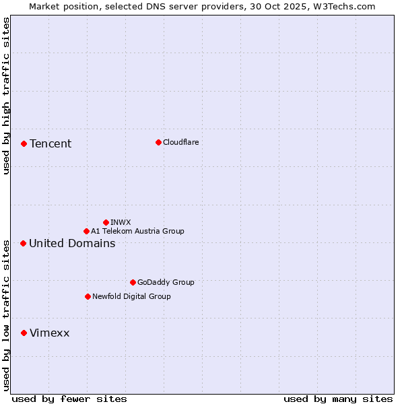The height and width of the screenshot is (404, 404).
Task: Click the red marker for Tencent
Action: [x=24, y=143]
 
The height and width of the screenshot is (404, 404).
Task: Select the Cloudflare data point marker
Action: [x=158, y=142]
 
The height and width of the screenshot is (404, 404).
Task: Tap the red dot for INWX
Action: [x=106, y=222]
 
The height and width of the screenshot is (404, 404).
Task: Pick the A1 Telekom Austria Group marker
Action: [x=86, y=231]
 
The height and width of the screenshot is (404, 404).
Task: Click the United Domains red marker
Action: [x=23, y=243]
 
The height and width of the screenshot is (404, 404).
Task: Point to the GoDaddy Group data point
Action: [x=133, y=282]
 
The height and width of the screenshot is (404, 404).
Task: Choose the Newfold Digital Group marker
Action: [x=88, y=296]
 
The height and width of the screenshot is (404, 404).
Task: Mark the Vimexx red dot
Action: [x=24, y=333]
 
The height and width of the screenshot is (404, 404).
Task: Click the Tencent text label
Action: [x=50, y=143]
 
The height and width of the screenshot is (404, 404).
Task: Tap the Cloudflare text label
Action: [x=181, y=142]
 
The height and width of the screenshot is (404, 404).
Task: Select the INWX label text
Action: [x=121, y=222]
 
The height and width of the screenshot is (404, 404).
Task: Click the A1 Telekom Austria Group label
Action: [x=137, y=231]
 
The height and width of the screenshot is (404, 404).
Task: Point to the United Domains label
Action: [x=72, y=243]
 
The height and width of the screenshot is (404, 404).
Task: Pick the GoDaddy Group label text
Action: [x=166, y=282]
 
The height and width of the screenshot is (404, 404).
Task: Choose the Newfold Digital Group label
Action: [x=131, y=296]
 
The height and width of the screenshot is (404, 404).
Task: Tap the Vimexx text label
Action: [x=49, y=333]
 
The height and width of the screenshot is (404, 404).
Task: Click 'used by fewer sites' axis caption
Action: [x=69, y=399]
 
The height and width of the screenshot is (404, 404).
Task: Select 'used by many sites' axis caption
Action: [x=338, y=399]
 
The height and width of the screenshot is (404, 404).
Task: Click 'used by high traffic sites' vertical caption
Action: [x=6, y=96]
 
